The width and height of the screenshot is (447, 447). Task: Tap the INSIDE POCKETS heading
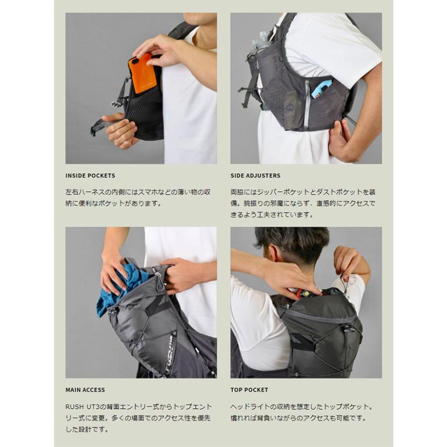pyautogui.click(x=90, y=175)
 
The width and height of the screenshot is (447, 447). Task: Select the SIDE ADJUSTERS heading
pyautogui.click(x=255, y=175)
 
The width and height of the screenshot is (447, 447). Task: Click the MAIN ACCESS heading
pyautogui.click(x=85, y=390)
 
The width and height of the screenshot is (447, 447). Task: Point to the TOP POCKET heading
pyautogui.click(x=249, y=390)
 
